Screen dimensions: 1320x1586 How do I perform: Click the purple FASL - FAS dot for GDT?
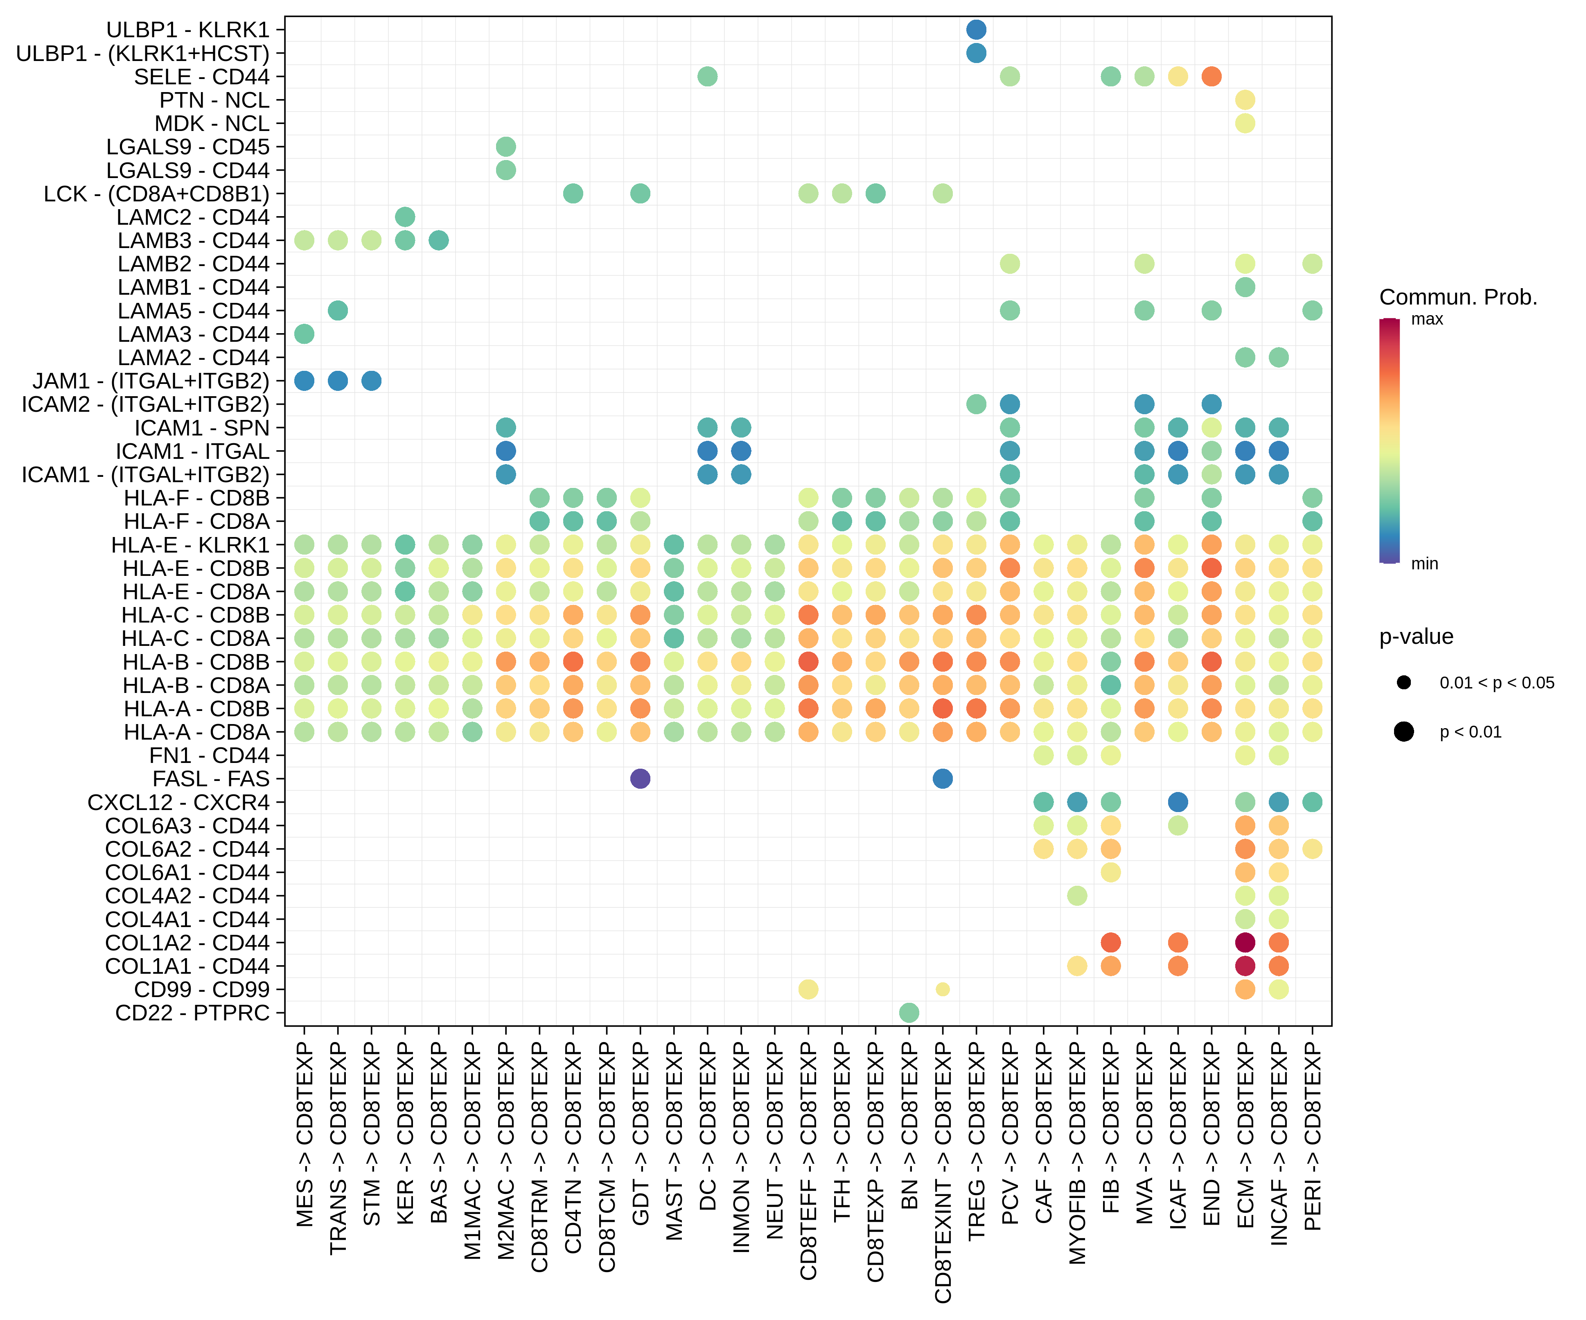pyautogui.click(x=640, y=778)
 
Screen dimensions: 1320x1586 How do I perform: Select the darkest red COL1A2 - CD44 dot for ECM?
pyautogui.click(x=1245, y=943)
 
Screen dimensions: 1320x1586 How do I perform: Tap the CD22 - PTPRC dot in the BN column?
pyautogui.click(x=909, y=1013)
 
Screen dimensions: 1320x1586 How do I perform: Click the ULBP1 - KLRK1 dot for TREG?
pyautogui.click(x=976, y=29)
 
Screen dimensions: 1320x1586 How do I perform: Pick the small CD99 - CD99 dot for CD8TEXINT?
pyautogui.click(x=943, y=989)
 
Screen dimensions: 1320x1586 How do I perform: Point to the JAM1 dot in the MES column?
pyautogui.click(x=305, y=381)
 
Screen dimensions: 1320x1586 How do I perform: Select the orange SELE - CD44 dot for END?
pyautogui.click(x=1211, y=76)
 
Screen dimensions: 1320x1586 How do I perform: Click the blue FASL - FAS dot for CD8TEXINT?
pyautogui.click(x=943, y=778)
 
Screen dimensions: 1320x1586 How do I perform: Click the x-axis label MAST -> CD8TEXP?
pyautogui.click(x=674, y=1140)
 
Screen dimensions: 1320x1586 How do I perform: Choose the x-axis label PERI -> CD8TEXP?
pyautogui.click(x=1313, y=1137)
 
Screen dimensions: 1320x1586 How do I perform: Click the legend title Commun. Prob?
pyautogui.click(x=1457, y=297)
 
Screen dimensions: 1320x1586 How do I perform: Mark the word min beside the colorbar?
pyautogui.click(x=1424, y=563)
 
